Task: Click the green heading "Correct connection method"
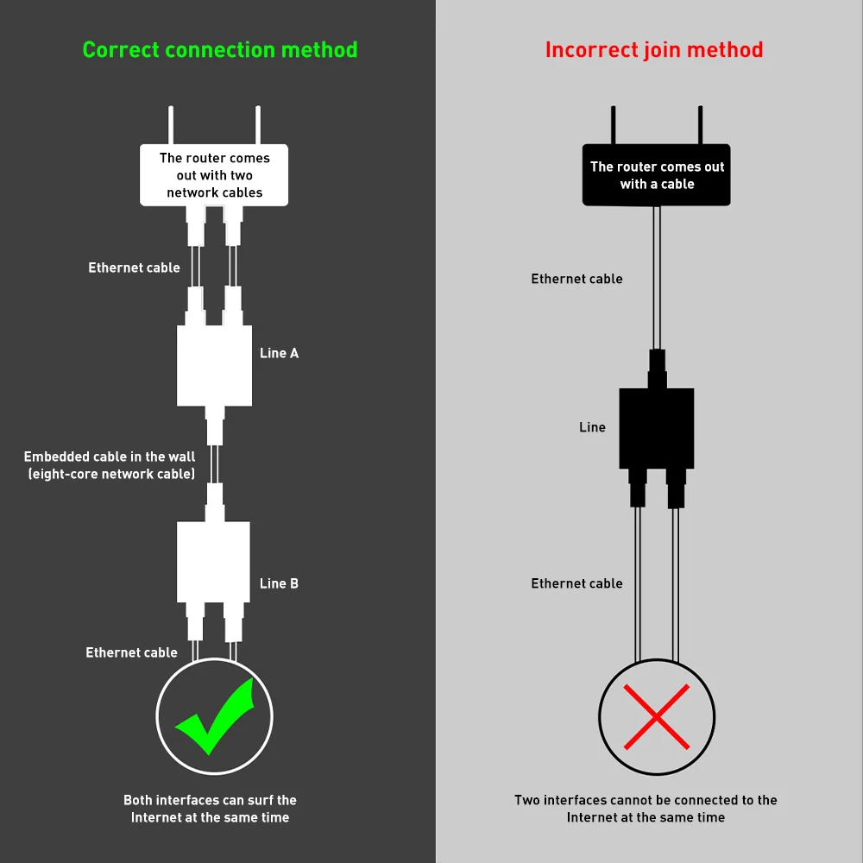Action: pos(219,50)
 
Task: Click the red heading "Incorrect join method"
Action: pos(654,50)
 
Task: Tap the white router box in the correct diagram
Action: pos(214,175)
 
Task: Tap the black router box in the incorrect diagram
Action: pos(657,175)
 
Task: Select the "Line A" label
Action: pos(279,353)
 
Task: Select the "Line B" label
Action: pos(279,583)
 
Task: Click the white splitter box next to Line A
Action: pos(214,366)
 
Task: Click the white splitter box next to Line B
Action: pos(213,562)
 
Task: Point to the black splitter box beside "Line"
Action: pos(657,429)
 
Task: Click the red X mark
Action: pos(657,717)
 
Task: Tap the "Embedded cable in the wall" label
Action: pos(110,457)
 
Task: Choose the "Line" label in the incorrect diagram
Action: pos(592,427)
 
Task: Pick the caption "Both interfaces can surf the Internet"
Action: pos(210,809)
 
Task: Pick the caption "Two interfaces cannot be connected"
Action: pos(646,809)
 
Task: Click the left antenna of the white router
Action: pos(171,125)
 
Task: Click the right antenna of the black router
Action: pos(700,125)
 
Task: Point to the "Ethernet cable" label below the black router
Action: pos(576,279)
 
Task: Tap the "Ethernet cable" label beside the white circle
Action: pos(131,652)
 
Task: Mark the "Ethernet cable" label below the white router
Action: pos(135,268)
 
